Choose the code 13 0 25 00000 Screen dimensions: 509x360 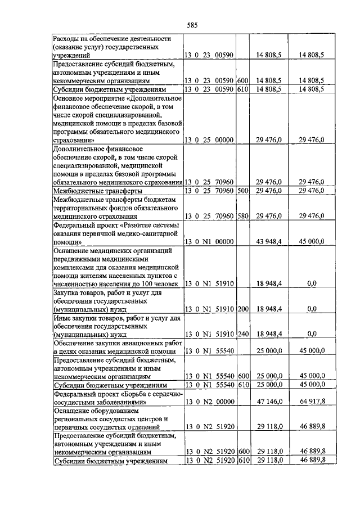pos(209,140)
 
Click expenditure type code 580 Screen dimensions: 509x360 pos(242,216)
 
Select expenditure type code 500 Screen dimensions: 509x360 pos(242,191)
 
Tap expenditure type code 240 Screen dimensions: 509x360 pos(242,334)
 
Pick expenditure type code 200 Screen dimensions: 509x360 pos(242,309)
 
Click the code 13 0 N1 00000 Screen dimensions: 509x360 pos(209,241)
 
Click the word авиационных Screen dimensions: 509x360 pos(133,343)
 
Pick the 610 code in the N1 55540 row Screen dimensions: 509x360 pos(242,385)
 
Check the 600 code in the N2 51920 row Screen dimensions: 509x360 pos(242,451)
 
